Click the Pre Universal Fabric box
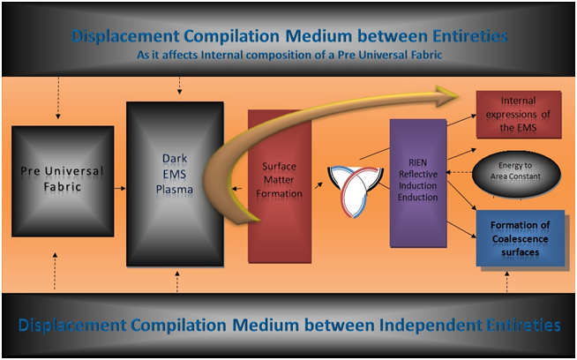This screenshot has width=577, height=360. coord(63,181)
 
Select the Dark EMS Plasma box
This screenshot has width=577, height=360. coord(175,184)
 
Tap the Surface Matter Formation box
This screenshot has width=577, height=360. coord(280,186)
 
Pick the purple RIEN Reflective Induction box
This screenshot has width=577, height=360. coord(418,183)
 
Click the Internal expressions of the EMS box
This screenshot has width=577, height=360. coord(519,115)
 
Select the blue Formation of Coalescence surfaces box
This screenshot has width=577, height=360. coord(521,238)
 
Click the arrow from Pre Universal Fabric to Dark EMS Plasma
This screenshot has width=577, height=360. coord(120,189)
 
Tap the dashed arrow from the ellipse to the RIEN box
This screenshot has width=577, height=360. coord(460,172)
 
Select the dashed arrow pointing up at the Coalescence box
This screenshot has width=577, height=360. coord(507,281)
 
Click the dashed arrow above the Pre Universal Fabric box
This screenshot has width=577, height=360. coord(57,98)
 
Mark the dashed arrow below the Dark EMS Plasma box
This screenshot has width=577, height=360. coord(177,282)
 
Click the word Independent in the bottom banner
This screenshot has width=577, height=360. coord(431,326)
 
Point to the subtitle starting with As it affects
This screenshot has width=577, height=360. coord(289,56)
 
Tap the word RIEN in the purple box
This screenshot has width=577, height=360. coord(417,162)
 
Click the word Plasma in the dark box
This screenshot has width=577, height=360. coord(175,190)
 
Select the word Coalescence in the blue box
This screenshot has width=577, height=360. coord(520,239)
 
